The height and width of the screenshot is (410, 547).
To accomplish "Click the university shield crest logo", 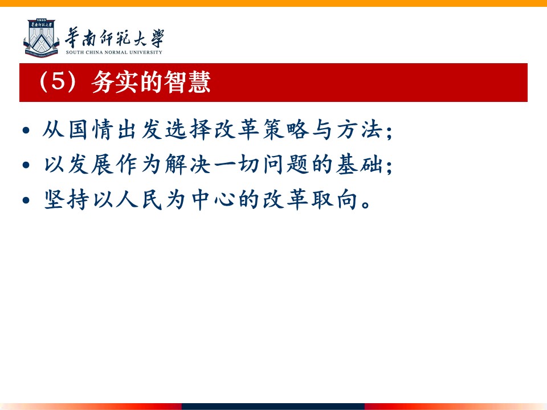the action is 41,38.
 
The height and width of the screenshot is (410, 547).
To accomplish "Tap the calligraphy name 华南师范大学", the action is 115,38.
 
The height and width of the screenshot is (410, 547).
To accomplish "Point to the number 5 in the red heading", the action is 58,81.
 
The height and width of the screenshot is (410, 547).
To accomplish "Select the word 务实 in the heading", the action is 115,81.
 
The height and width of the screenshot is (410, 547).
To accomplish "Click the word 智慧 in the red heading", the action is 187,81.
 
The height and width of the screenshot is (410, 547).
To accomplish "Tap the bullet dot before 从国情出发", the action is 26,130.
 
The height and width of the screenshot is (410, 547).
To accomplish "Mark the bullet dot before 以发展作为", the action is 26,165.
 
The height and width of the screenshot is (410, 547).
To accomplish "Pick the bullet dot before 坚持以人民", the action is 26,200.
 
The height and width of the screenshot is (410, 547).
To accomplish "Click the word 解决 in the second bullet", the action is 188,164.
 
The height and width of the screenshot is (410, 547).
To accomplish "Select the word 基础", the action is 359,164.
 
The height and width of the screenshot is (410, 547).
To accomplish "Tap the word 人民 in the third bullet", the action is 139,199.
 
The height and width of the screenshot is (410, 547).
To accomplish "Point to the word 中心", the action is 213,199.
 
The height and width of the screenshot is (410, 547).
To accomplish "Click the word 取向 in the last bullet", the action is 334,199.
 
